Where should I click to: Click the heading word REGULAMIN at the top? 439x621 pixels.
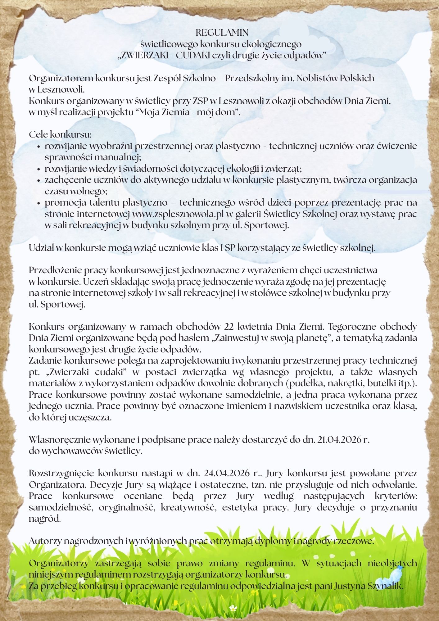(x=222, y=33)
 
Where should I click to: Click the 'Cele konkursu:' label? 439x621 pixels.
(x=60, y=135)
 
